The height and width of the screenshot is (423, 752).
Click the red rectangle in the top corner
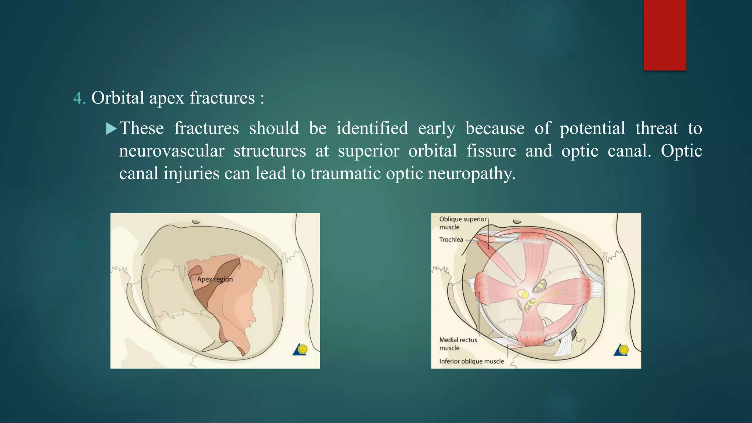[x=665, y=35]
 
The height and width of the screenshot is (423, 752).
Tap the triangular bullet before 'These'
[x=111, y=129]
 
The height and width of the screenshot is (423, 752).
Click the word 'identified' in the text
[x=372, y=128]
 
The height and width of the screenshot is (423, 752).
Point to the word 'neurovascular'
[x=171, y=151]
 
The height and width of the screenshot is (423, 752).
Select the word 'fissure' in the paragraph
[x=491, y=151]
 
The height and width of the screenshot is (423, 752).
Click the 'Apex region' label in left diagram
[x=215, y=279]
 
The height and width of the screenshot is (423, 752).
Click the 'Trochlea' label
[x=451, y=239]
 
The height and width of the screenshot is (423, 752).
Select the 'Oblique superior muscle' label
[x=462, y=223]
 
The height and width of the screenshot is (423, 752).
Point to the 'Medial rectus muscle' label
[x=458, y=344]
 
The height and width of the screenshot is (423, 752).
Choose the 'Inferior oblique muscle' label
[x=471, y=361]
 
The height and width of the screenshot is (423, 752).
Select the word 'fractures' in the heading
[x=222, y=98]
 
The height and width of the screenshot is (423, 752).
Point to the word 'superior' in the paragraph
[x=368, y=151]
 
